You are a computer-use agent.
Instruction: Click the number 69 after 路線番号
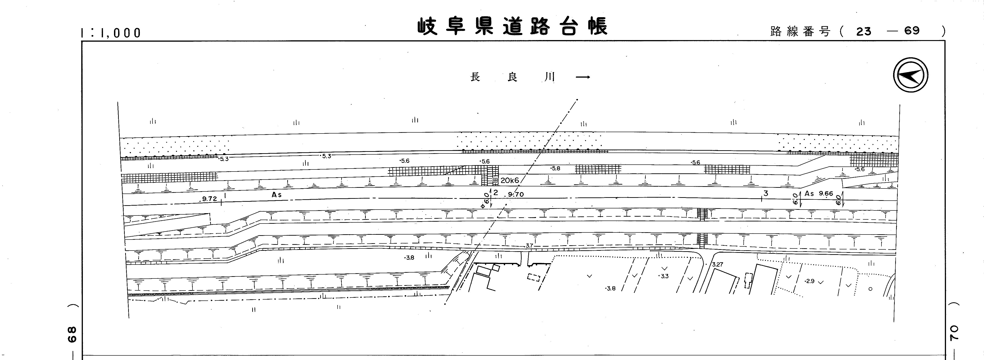pos(912,31)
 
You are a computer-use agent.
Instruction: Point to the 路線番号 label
pos(800,31)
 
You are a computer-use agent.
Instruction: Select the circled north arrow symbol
pos(911,75)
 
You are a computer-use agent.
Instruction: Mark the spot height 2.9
pos(809,281)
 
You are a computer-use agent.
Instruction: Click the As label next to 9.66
pos(809,193)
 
